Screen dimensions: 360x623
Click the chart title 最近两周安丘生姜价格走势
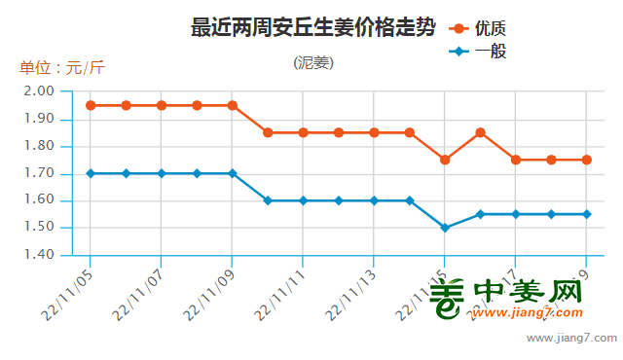click(x=312, y=27)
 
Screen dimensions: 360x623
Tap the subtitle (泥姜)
click(x=312, y=63)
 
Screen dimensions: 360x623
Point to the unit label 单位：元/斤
click(x=61, y=68)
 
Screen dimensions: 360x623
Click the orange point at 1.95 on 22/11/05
click(x=91, y=105)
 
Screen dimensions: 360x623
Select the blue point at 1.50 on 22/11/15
click(x=445, y=228)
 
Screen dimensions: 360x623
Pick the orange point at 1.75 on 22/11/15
click(x=445, y=160)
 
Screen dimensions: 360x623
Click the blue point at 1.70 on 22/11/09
click(x=233, y=173)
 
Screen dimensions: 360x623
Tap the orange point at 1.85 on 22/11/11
click(x=304, y=132)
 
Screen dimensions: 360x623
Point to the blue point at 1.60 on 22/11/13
click(x=375, y=200)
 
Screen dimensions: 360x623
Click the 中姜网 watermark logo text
click(x=526, y=292)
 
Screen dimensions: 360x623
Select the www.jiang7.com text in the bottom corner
click(x=571, y=339)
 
